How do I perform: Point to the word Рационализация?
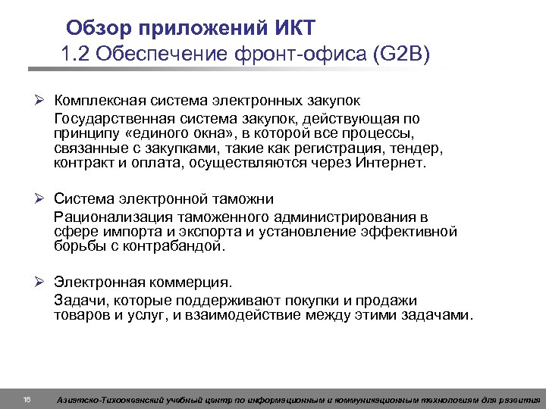coord(104,217)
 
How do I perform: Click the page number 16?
coord(27,399)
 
